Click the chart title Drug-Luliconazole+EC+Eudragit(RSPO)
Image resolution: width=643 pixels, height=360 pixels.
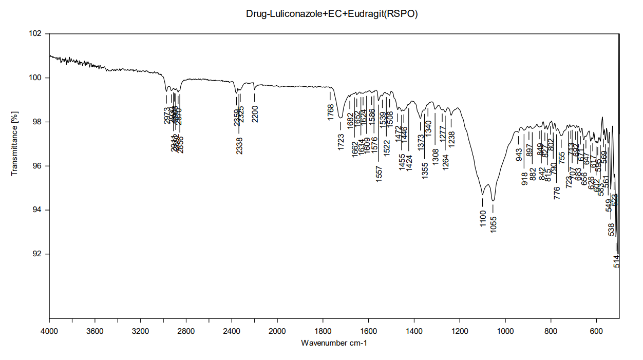(x=332, y=14)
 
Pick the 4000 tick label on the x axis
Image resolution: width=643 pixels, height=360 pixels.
(x=49, y=331)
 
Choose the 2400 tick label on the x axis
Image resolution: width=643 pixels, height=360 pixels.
(x=232, y=331)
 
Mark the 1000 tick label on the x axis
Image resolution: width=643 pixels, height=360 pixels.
(x=505, y=331)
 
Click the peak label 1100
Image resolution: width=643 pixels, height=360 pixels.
(x=483, y=219)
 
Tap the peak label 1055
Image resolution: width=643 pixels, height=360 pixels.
(x=494, y=224)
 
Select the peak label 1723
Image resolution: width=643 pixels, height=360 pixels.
(x=341, y=142)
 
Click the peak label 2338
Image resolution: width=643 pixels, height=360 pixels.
(x=239, y=146)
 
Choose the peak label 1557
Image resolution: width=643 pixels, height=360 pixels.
(x=379, y=174)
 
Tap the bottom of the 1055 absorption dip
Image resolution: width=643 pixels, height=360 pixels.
(x=493, y=200)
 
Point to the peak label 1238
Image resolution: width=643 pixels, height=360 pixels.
(x=452, y=140)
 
